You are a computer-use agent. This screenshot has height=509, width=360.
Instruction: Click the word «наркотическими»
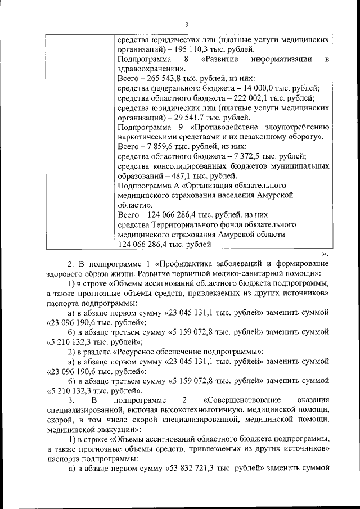[x=150, y=137]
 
